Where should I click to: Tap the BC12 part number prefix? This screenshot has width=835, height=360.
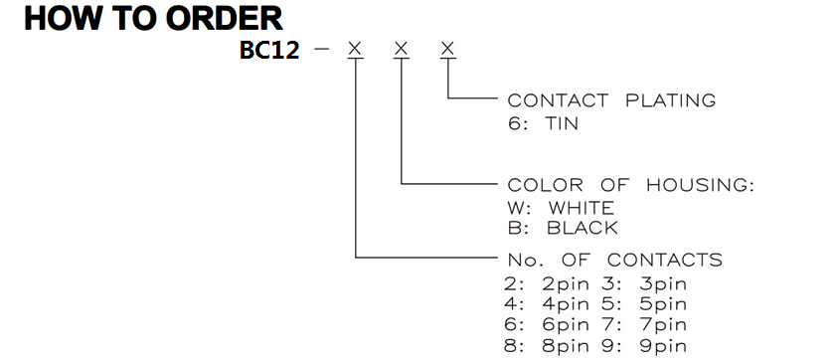tap(269, 50)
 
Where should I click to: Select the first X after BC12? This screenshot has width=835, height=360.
tap(355, 49)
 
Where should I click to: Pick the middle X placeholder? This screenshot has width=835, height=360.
tap(402, 49)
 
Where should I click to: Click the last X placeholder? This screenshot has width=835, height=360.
tap(448, 49)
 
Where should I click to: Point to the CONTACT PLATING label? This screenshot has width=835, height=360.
tap(611, 100)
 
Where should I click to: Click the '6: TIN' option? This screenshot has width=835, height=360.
tap(543, 124)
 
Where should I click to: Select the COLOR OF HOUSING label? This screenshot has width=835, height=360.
tap(631, 185)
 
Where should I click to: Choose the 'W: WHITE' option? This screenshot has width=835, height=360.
tap(561, 208)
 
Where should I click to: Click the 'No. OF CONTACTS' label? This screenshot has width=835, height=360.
tap(614, 261)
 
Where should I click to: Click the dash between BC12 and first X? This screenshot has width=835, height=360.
tap(321, 50)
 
